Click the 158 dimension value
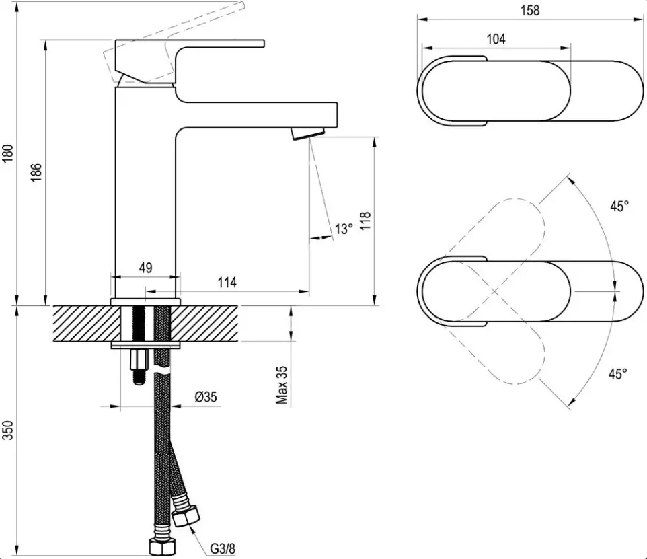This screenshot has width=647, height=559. pos(530,10)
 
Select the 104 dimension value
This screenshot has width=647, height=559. pos(496,39)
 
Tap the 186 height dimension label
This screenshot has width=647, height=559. pos(36,172)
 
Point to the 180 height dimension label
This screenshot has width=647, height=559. pos(8,153)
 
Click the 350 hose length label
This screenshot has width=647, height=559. pos(8,430)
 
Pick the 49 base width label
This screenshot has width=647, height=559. pos(146,268)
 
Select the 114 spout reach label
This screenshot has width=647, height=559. pos(227,283)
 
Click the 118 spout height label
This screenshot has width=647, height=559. pos(366,221)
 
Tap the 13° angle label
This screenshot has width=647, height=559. pos(344,229)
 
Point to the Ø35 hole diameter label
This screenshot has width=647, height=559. pos(206,397)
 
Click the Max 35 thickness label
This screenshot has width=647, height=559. pos(282,385)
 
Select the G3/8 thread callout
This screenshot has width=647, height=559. pos(223,549)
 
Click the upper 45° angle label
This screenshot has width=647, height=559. pos(619,206)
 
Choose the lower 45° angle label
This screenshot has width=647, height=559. pos(617,373)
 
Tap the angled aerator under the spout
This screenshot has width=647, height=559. pos(308,133)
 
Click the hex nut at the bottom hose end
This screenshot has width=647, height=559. pos(161,548)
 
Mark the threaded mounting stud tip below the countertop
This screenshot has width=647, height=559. pos(139,378)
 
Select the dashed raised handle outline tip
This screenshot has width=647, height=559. pos(243,5)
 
